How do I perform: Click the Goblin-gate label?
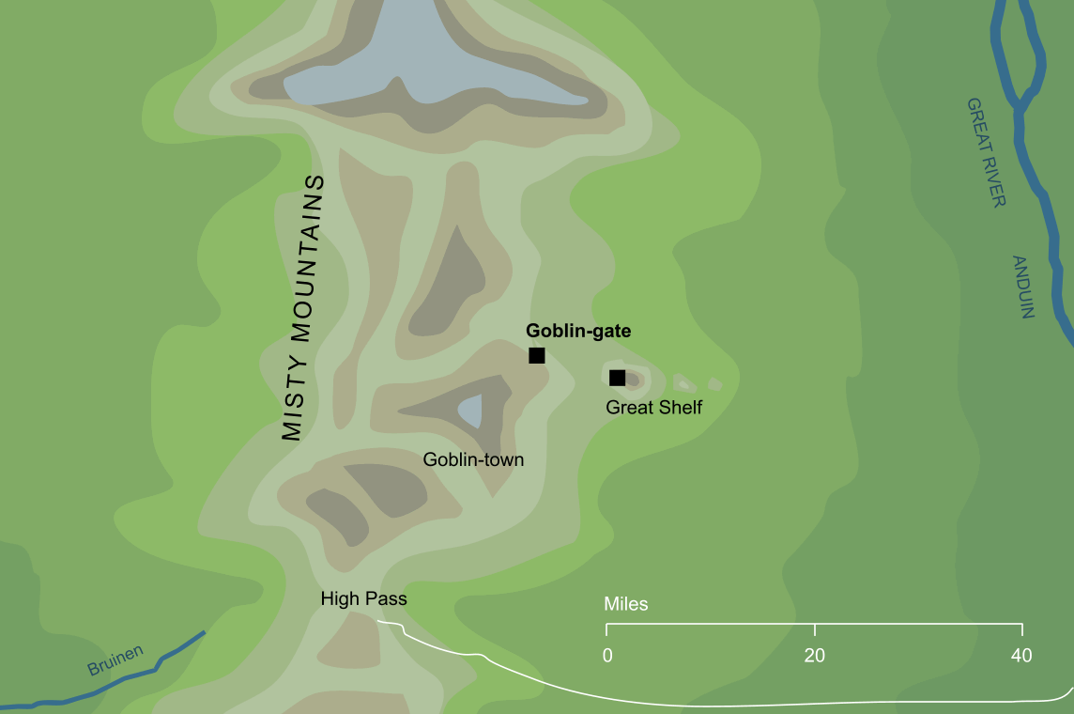pos(578,331)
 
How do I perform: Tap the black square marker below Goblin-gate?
pos(537,355)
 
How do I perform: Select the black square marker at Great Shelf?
pos(617,378)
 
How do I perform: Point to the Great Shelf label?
pos(653,407)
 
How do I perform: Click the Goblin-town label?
pos(473,459)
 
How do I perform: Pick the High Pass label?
pos(363,598)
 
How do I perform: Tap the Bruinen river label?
pos(115,660)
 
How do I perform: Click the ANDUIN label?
pos(1022,287)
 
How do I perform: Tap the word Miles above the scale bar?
pos(626,604)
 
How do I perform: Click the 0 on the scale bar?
pos(608,656)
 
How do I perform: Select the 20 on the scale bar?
pos(815,656)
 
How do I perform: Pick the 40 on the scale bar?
pos(1021,656)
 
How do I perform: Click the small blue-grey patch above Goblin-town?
pos(470,410)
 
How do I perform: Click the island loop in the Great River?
pos(1019,56)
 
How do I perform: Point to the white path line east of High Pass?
pos(563,680)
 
